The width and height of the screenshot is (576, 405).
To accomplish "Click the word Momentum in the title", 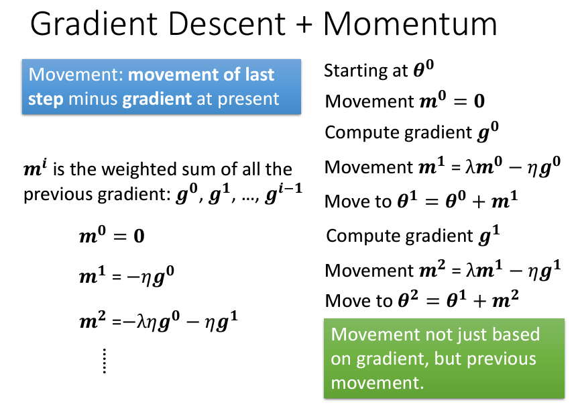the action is coord(410,24).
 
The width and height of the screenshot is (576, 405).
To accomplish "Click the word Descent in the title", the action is coord(227,24).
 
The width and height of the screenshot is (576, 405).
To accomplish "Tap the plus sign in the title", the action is coord(304,25).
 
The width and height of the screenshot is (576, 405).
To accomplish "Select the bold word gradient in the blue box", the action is coord(157,99).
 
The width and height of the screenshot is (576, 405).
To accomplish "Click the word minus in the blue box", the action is coord(93,99).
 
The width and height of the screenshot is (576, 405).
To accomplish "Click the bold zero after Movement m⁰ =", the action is coord(479,101).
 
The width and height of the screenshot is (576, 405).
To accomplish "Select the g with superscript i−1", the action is coord(283,193).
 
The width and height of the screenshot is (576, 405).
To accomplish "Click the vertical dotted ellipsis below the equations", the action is coord(105,361).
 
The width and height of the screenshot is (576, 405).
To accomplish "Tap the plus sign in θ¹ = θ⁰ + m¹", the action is coord(479,201).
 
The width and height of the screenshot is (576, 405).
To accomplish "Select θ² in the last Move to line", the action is coord(408,299).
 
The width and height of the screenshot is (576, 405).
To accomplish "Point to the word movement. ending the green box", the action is coord(378,383).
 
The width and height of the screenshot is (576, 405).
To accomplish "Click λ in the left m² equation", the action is coord(141,322).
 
